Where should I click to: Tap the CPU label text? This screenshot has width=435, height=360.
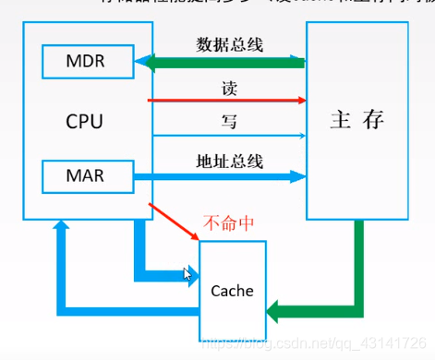tap(84, 120)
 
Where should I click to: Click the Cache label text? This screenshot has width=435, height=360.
tap(232, 290)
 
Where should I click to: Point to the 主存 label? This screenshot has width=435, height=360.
tap(356, 120)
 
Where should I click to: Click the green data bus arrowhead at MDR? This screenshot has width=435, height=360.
tap(142, 63)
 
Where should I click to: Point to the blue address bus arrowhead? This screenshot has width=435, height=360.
tap(297, 174)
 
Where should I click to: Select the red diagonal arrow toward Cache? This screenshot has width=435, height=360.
tap(175, 220)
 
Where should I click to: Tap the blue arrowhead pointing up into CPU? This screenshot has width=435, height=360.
tap(62, 228)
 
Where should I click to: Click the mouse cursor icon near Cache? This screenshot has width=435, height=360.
tap(189, 273)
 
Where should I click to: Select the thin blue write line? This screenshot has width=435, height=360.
tap(226, 135)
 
